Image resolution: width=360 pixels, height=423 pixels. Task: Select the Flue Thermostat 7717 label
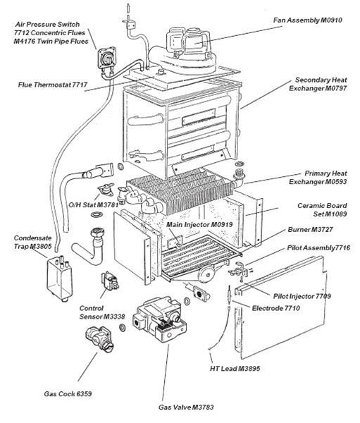53,85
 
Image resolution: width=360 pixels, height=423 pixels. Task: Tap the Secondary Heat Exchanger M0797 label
318,84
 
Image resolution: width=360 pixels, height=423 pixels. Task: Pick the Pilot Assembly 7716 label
318,249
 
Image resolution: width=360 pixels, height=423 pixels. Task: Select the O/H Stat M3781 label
89,204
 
